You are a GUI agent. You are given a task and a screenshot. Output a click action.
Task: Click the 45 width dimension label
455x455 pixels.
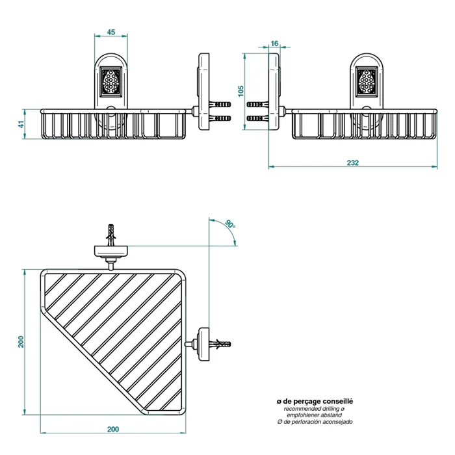coord(110,32)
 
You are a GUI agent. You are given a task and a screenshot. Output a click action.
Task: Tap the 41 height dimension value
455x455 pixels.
coord(21,123)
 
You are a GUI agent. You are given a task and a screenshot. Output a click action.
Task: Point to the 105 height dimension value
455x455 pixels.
coord(240,90)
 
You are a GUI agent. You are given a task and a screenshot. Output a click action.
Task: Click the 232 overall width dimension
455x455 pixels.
coord(353,162)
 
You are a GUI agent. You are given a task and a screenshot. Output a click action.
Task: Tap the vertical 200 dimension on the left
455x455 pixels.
coord(21,342)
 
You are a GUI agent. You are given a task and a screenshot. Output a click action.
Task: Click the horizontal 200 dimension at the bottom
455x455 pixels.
coord(113,429)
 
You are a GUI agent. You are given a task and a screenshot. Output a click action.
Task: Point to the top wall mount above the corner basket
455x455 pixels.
coord(112,247)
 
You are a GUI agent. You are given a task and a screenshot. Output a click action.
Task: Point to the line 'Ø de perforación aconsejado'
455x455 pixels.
coord(314,422)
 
